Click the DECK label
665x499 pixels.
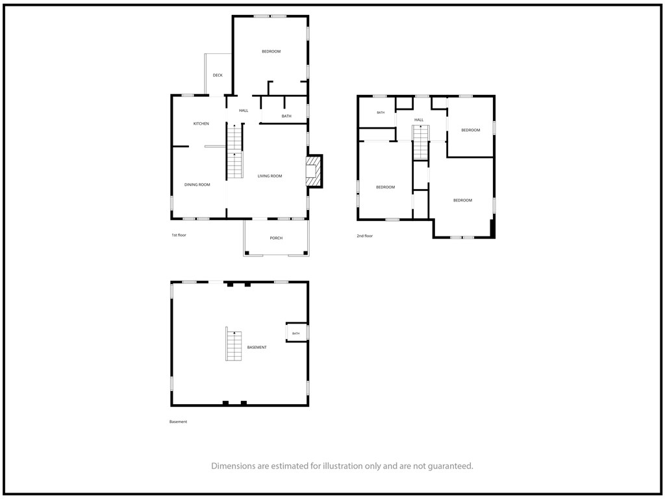pos(218,75)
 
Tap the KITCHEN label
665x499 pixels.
pos(201,124)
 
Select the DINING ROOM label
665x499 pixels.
pos(197,185)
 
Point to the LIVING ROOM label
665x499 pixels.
pos(270,176)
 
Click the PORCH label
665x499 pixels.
pos(276,238)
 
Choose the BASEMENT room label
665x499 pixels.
pos(257,348)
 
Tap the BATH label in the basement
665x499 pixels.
pos(296,333)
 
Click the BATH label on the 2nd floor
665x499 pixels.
pos(381,112)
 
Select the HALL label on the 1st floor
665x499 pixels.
pos(244,110)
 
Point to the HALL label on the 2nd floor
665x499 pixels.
pos(419,120)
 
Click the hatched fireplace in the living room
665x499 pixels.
pos(314,171)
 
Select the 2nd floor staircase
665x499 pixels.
pos(421,142)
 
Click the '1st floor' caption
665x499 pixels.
pos(179,235)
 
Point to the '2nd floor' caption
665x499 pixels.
pos(365,236)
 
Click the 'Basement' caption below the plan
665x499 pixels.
pos(178,422)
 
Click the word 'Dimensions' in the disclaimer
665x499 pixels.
pos(234,466)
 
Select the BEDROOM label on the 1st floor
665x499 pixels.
pos(271,52)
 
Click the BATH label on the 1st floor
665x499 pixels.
pos(286,116)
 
